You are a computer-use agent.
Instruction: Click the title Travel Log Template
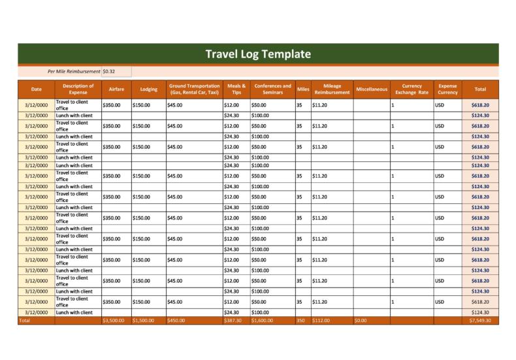point(258,54)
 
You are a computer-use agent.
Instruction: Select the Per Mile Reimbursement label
point(74,71)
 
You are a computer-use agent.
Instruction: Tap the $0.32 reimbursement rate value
point(109,71)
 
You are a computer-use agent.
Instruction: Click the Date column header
point(36,89)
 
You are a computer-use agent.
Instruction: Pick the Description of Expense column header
point(78,89)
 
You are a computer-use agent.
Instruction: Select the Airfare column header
point(116,89)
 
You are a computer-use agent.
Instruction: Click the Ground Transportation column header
point(194,89)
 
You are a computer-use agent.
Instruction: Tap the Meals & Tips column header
point(236,89)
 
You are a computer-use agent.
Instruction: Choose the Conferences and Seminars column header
point(272,89)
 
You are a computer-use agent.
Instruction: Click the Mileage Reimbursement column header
point(332,89)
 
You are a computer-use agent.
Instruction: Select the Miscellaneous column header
point(371,89)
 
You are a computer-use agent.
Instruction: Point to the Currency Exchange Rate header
point(411,89)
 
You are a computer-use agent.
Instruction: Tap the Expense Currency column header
point(447,89)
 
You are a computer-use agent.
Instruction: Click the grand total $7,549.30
point(479,321)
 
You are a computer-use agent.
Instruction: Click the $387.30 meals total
point(233,321)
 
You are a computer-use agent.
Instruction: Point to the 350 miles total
point(300,321)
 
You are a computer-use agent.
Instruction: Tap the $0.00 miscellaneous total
point(361,321)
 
